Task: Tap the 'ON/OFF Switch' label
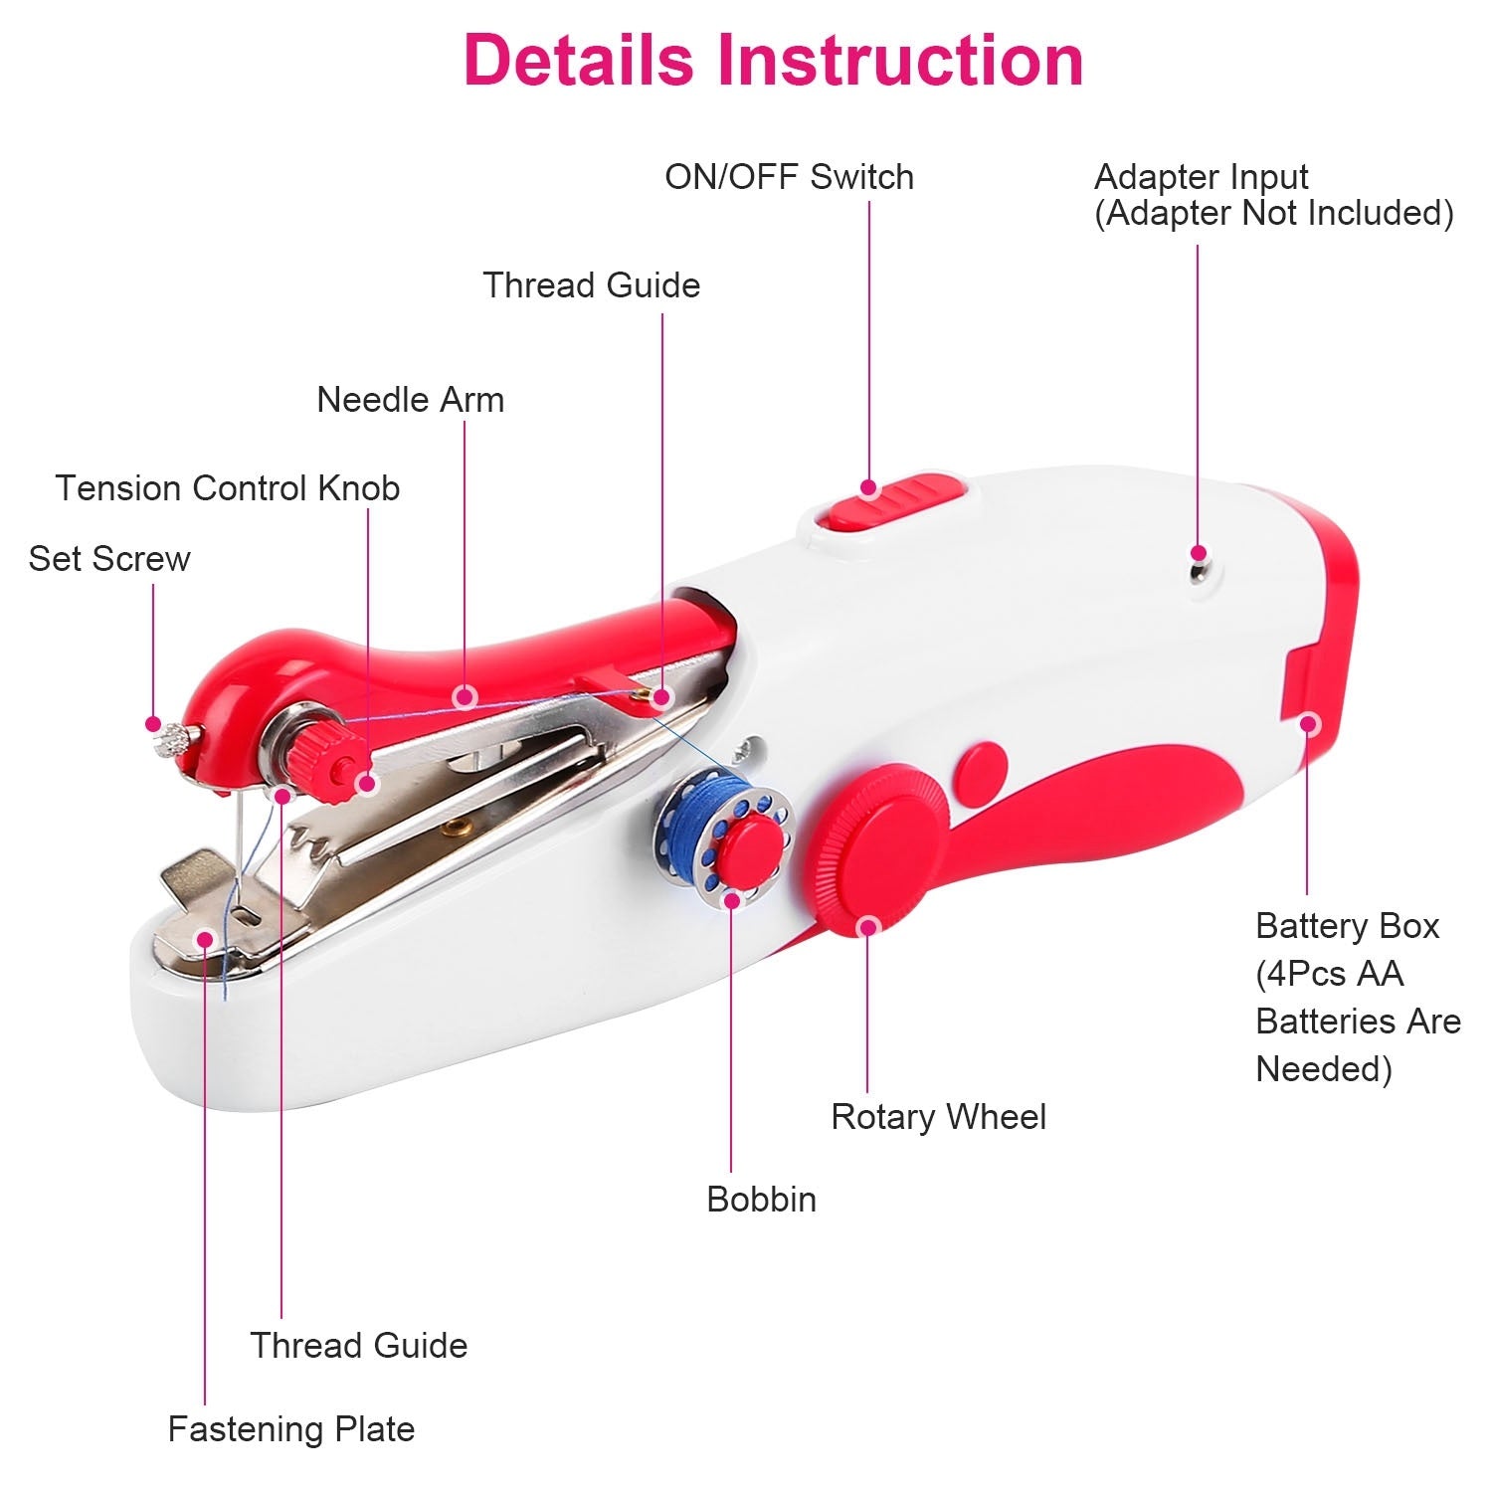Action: click(789, 177)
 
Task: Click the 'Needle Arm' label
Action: click(410, 400)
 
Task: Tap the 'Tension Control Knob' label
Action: click(228, 488)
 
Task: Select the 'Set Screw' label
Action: click(109, 559)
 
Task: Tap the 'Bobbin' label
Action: click(761, 1200)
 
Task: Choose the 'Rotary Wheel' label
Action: click(938, 1117)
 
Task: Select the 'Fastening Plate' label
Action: click(290, 1429)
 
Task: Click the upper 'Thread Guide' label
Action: click(591, 285)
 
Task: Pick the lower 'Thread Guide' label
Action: click(358, 1346)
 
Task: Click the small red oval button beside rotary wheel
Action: click(982, 773)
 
